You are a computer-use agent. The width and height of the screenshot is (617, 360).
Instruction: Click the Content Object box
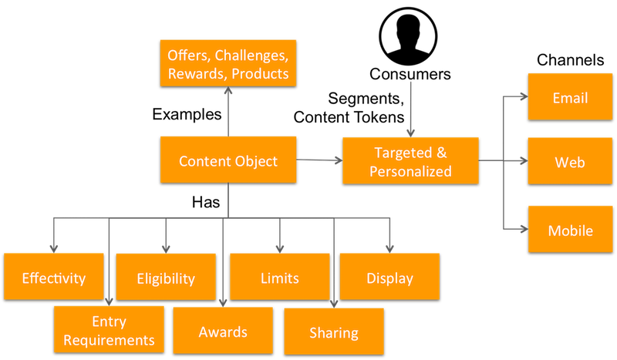(228, 161)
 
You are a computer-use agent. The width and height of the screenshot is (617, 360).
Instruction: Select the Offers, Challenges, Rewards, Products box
(228, 64)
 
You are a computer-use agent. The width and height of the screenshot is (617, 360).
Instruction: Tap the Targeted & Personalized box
(410, 162)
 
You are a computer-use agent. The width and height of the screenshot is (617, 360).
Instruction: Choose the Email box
(570, 97)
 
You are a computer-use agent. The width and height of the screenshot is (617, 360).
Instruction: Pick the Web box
(570, 163)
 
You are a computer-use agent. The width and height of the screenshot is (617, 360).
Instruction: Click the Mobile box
(570, 230)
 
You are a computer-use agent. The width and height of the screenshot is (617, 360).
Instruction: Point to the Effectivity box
(53, 278)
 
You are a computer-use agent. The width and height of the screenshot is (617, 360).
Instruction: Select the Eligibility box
(165, 278)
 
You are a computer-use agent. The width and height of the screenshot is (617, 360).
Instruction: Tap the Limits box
(280, 277)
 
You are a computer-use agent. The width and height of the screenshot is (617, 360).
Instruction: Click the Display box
(389, 278)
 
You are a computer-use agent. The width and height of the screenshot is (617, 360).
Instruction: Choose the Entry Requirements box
(109, 330)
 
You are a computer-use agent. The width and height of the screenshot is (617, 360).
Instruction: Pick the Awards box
(223, 331)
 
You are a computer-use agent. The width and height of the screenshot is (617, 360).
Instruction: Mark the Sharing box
(333, 332)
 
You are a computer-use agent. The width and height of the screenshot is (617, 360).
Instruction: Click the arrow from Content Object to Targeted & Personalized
(319, 161)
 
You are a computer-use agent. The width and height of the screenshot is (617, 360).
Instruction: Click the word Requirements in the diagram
(109, 339)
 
